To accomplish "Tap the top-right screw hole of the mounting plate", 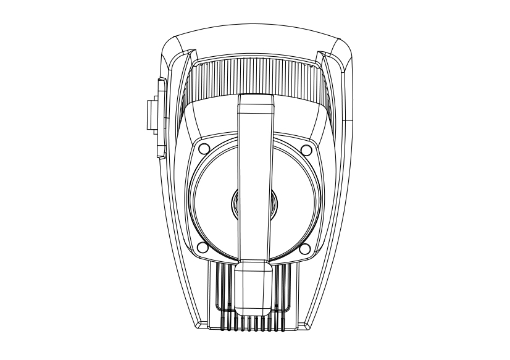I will click(x=306, y=149).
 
